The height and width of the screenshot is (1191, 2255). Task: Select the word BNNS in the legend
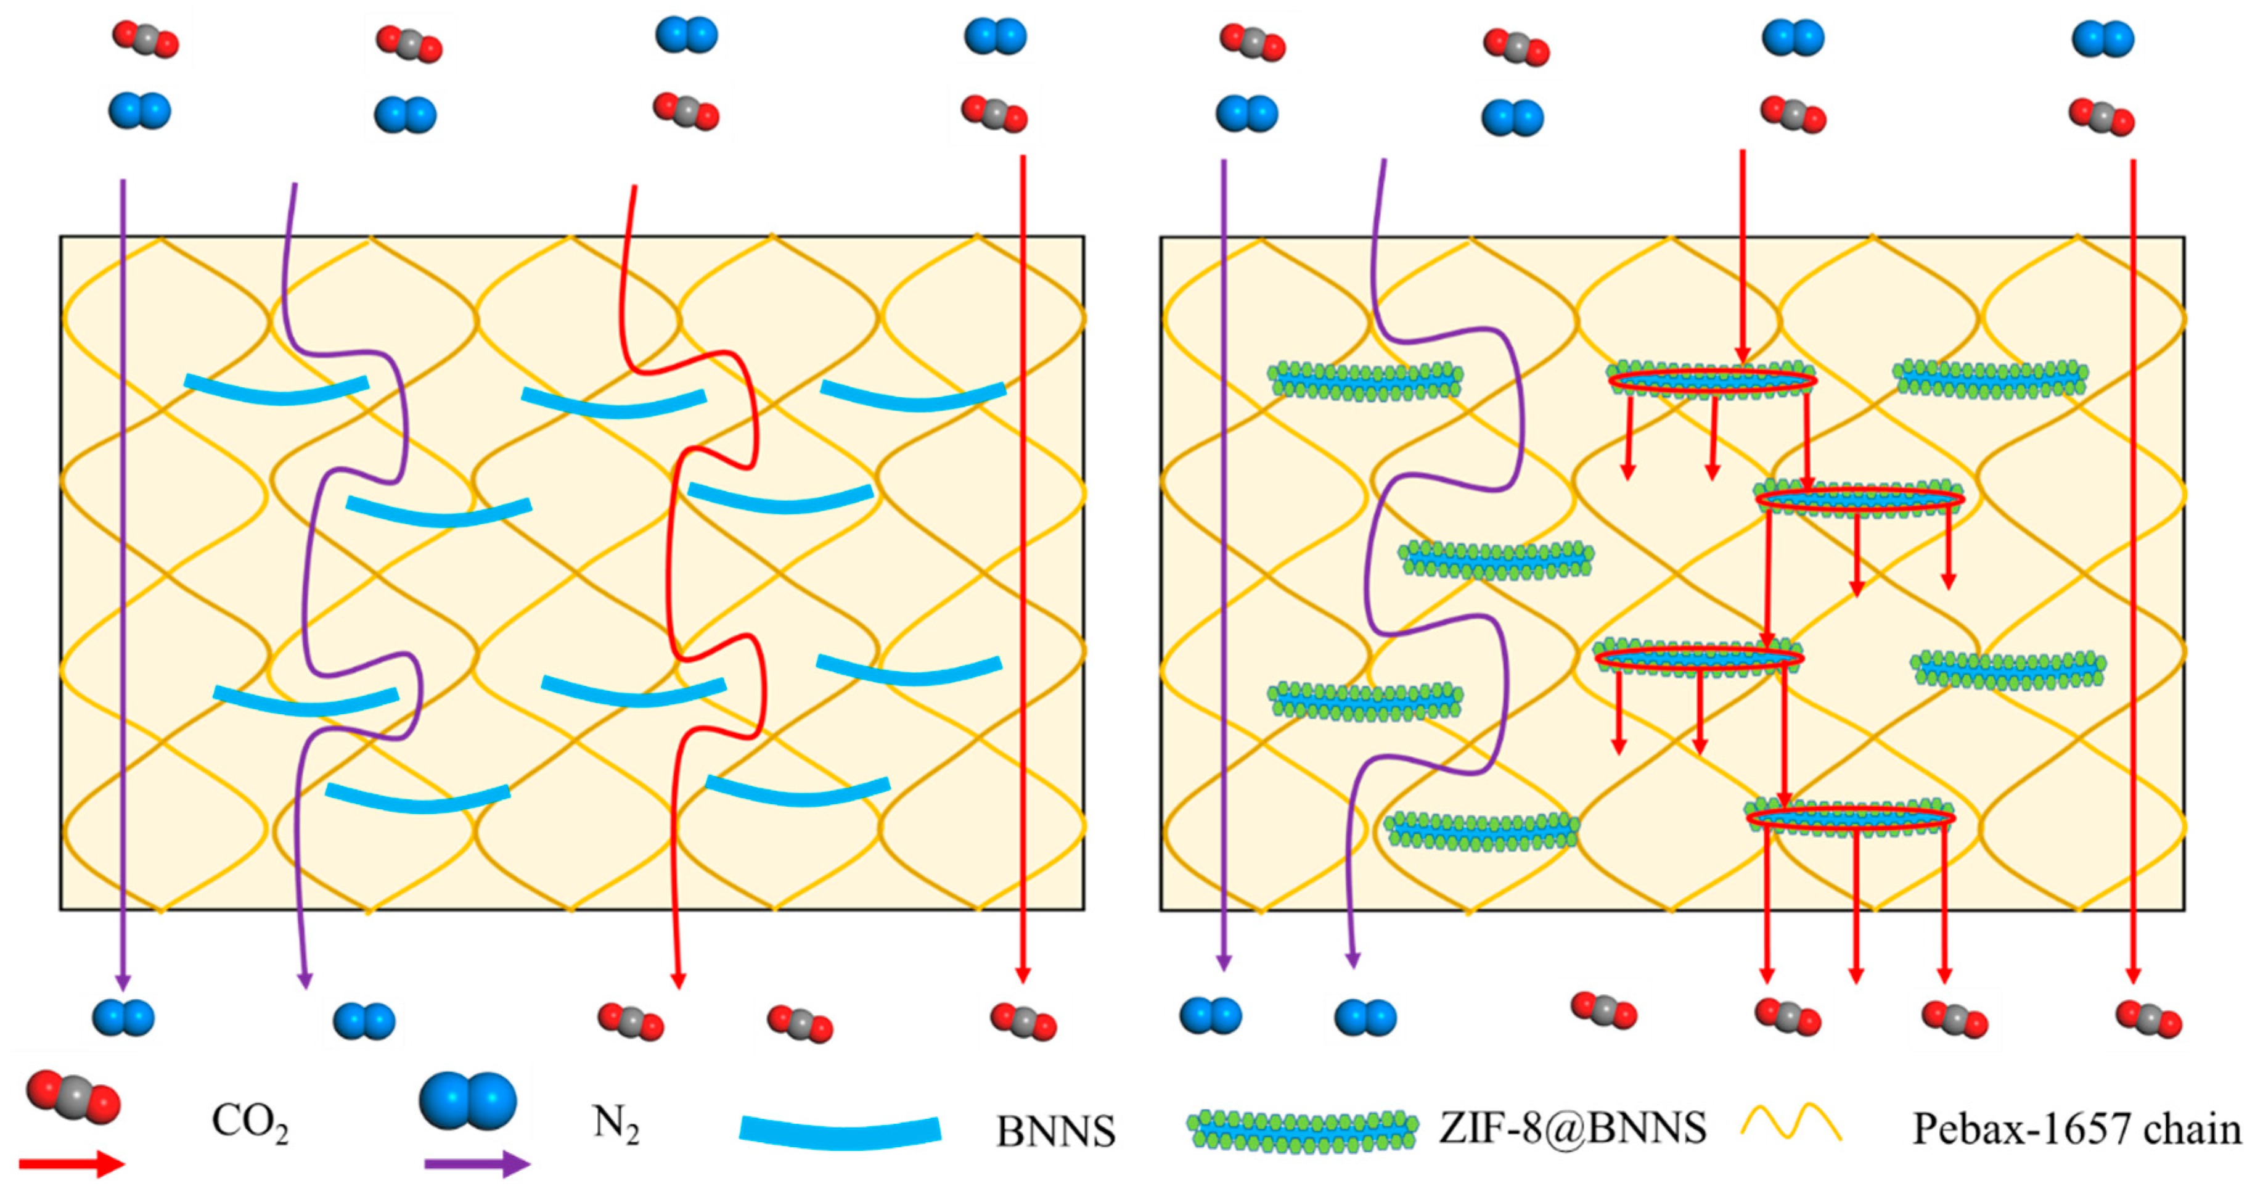tap(1056, 1131)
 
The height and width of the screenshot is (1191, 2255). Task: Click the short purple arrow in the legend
tap(477, 1164)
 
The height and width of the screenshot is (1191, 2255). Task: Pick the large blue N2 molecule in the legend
tap(467, 1101)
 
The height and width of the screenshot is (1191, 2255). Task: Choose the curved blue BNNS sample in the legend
tap(840, 1131)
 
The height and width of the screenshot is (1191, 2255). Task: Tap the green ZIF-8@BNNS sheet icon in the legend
tap(1303, 1131)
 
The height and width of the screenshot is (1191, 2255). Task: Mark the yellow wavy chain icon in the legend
tap(1791, 1124)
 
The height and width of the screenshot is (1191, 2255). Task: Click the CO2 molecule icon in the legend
tap(73, 1097)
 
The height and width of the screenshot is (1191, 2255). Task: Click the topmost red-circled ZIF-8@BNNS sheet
tap(1711, 380)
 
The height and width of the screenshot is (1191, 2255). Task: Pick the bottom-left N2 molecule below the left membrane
tap(123, 1018)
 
